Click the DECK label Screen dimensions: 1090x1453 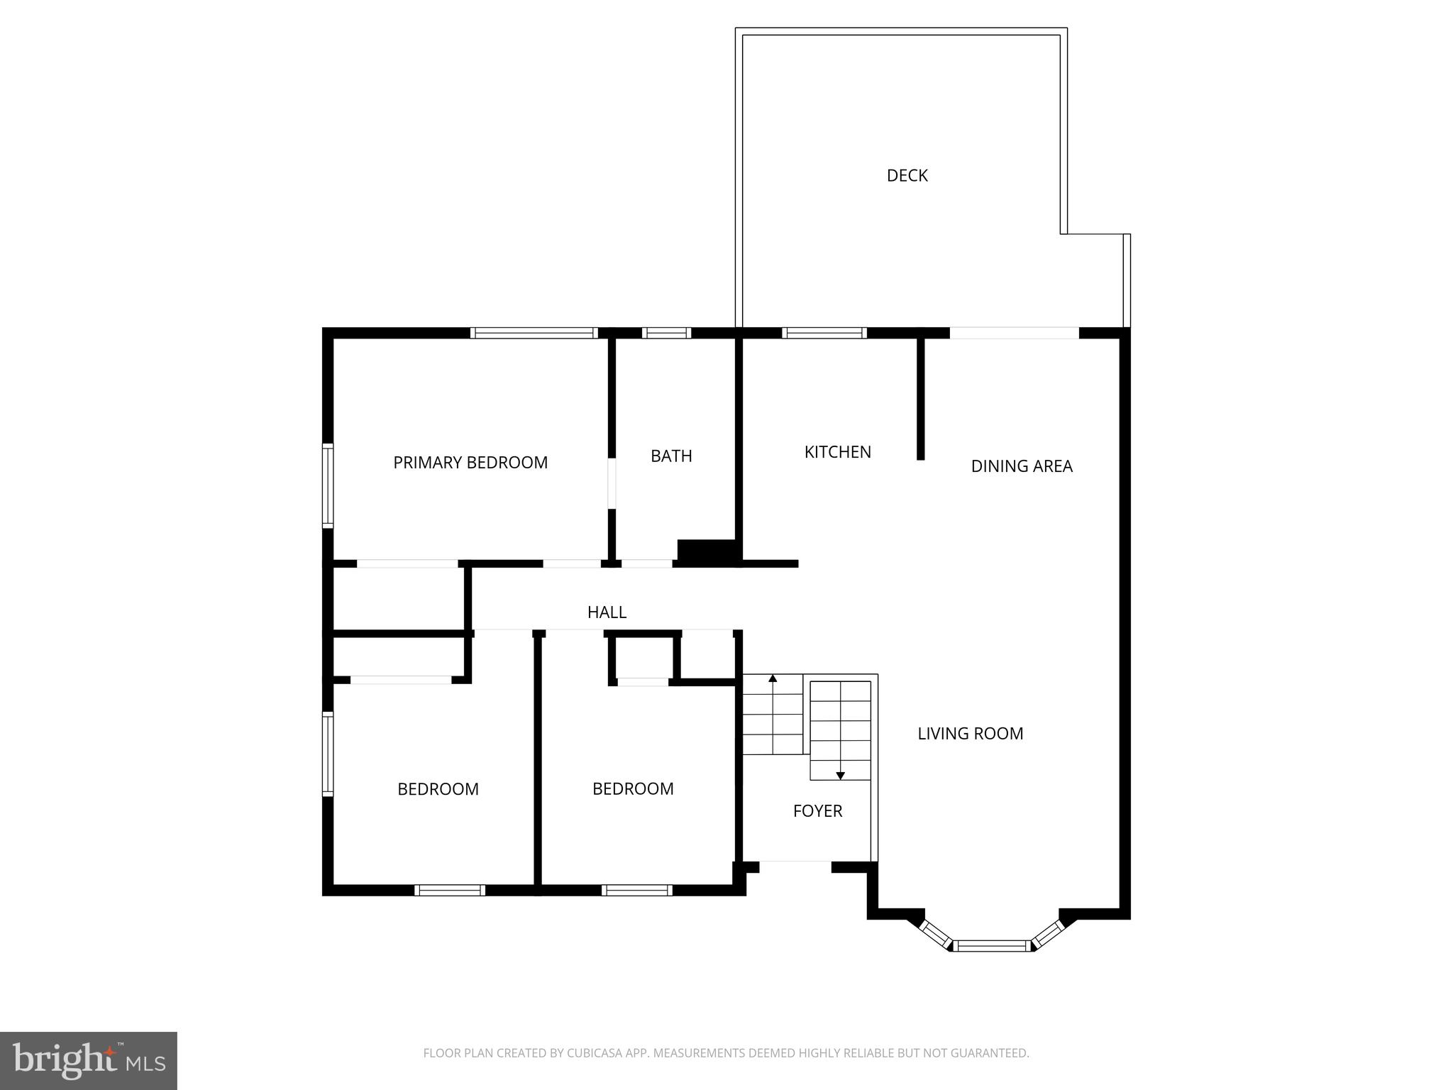click(x=907, y=175)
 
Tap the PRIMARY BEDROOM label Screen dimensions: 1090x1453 click(x=470, y=463)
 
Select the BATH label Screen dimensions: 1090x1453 click(x=671, y=456)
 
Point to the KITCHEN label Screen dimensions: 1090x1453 click(x=837, y=452)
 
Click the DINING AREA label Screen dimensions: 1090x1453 click(x=1021, y=466)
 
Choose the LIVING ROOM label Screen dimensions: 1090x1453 click(x=970, y=734)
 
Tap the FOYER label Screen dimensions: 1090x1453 click(x=817, y=811)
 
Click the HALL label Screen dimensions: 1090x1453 click(x=607, y=612)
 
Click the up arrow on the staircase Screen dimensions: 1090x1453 click(x=773, y=679)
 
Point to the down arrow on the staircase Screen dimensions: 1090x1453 click(x=840, y=776)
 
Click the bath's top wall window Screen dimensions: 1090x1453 click(x=666, y=333)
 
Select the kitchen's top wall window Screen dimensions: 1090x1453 click(x=824, y=333)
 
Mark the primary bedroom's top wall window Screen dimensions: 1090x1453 click(x=534, y=333)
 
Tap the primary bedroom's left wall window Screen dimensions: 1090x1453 click(x=328, y=485)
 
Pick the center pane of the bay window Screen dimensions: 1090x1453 click(x=991, y=945)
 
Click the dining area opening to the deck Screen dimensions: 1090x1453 click(x=1014, y=333)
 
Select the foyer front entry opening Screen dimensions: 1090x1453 click(x=795, y=866)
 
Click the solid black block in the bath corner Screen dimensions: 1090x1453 click(x=707, y=552)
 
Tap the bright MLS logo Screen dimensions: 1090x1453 click(x=89, y=1060)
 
